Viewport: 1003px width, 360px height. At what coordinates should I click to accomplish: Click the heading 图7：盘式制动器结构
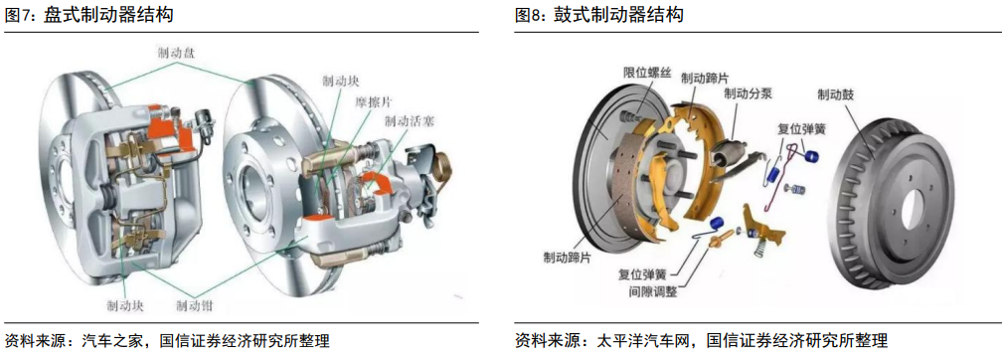point(88,15)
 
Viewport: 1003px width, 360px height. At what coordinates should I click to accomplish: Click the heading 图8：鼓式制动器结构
point(599,15)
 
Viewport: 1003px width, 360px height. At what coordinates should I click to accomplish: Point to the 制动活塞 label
point(409,119)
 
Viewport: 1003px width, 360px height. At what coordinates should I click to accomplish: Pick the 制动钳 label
point(195,305)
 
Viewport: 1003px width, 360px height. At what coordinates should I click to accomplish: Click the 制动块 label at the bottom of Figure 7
point(125,305)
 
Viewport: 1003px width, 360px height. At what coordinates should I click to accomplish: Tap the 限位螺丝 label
point(647,74)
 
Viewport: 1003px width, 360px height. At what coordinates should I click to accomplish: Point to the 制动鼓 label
point(835,94)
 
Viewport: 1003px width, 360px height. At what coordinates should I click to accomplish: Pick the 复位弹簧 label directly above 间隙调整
point(641,275)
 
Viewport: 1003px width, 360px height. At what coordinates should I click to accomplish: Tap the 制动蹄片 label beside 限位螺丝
point(704,78)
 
